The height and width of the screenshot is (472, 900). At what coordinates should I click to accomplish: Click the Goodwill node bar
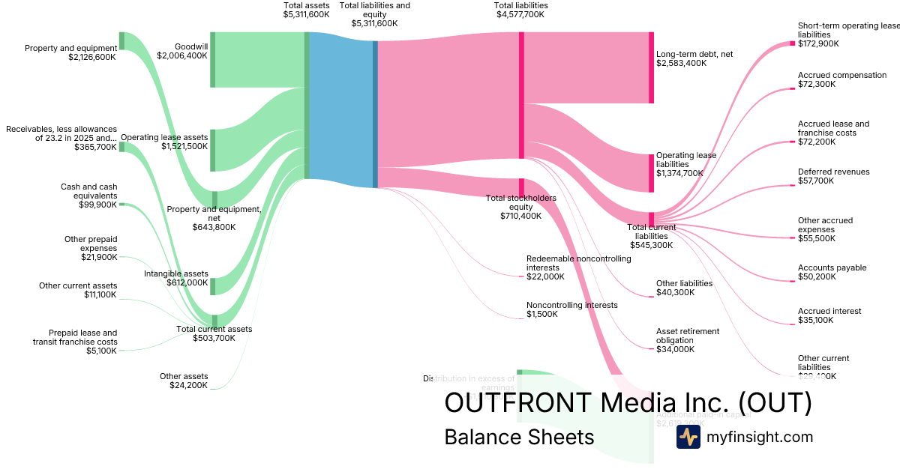[x=212, y=59]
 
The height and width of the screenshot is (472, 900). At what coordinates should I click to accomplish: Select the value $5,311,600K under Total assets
[x=306, y=14]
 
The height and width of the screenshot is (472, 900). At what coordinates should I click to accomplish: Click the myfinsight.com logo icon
[x=688, y=437]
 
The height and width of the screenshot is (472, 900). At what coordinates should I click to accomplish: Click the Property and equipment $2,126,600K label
[x=71, y=52]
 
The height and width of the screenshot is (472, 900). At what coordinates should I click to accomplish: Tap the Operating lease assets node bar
[x=212, y=150]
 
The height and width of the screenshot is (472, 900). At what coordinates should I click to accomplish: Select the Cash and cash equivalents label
[x=88, y=191]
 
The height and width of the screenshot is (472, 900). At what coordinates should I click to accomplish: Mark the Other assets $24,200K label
[x=184, y=381]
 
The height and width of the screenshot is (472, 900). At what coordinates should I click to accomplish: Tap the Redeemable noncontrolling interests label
[x=578, y=263]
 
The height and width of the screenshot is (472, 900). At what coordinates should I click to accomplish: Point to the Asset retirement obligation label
[x=687, y=336]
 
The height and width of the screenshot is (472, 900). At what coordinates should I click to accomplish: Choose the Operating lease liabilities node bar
[x=651, y=173]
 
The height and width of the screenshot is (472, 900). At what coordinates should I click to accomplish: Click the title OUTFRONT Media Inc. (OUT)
[x=628, y=402]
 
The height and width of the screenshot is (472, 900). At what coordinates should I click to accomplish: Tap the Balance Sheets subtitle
[x=519, y=437]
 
